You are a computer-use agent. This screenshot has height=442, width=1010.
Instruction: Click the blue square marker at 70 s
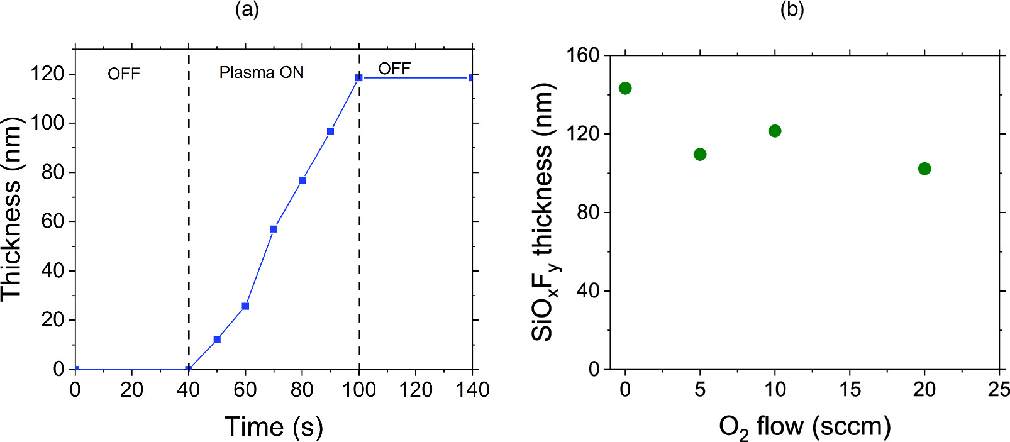[274, 229]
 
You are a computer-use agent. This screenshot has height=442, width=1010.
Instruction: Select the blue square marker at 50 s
[217, 340]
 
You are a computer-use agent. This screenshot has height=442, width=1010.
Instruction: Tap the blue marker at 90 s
[330, 132]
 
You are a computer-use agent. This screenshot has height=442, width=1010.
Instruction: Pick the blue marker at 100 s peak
[359, 78]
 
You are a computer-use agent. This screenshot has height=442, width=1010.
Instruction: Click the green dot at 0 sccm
[625, 88]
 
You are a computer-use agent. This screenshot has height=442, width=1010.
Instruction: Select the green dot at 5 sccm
[700, 155]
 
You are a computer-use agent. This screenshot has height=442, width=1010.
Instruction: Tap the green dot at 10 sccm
[775, 131]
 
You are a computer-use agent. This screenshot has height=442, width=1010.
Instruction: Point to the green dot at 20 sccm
[924, 169]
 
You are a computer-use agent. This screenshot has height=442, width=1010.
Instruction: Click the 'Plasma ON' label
[261, 73]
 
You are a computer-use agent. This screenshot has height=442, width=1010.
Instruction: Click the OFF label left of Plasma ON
[124, 74]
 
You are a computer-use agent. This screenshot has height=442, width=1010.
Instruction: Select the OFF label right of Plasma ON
[394, 69]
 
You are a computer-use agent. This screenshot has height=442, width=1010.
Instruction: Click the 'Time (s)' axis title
[274, 427]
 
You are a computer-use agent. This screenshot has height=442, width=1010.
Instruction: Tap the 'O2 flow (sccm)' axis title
[804, 427]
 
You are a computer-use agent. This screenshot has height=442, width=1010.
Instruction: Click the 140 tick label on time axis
[472, 390]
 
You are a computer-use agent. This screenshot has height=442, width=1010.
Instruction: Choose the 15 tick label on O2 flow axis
[850, 390]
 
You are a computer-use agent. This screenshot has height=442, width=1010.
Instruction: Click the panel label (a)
[247, 9]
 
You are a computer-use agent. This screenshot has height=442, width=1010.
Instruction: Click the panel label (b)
[792, 9]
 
